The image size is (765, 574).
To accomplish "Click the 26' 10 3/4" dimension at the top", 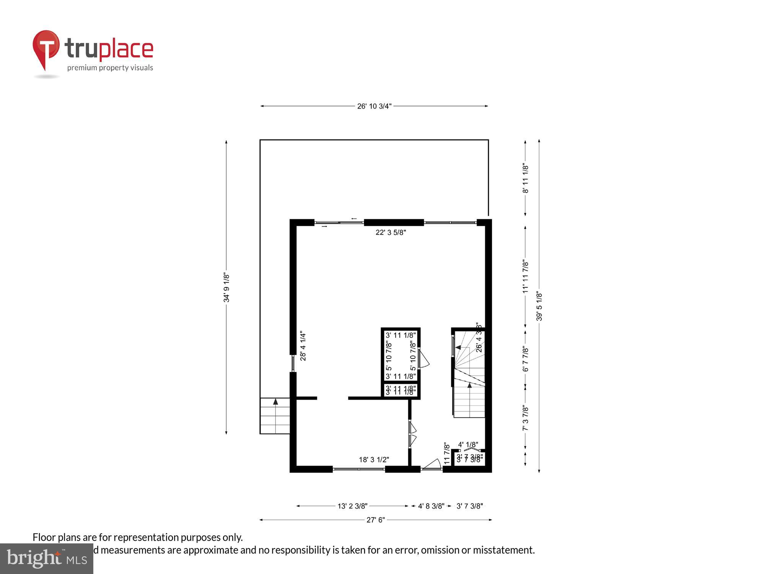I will (374, 106).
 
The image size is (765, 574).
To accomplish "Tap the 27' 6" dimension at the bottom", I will (376, 520).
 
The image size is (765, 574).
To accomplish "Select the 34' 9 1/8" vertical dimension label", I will (226, 287).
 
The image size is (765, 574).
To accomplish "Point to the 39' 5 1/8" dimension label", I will (539, 306).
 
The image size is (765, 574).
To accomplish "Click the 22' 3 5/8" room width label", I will (391, 232).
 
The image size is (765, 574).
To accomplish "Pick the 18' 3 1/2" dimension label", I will (374, 460).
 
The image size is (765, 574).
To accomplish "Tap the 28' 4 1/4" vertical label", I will (303, 346).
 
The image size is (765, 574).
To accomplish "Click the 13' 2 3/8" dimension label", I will (352, 506).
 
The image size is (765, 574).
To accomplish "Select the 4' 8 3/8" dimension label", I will (431, 506).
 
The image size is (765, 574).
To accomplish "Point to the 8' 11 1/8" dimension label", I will (526, 178).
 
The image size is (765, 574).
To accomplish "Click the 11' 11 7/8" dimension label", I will (526, 277).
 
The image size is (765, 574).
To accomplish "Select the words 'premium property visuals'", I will (110, 68).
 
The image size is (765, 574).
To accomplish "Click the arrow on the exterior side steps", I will (275, 402).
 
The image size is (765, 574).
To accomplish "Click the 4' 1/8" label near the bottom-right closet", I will (468, 445).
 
